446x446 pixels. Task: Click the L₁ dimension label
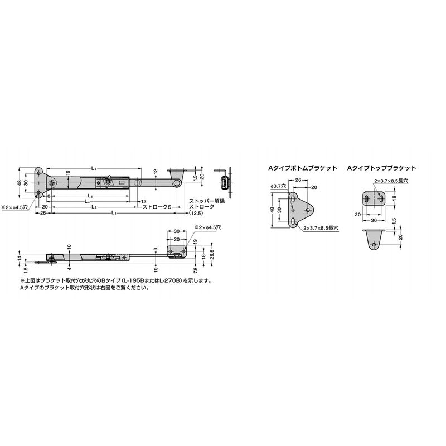pyautogui.click(x=114, y=212)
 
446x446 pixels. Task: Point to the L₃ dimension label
pyautogui.click(x=94, y=168)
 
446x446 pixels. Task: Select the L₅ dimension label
pyautogui.click(x=90, y=196)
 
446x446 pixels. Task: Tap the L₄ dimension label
pyautogui.click(x=87, y=201)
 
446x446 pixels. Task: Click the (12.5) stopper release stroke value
pyautogui.click(x=196, y=212)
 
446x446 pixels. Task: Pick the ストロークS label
pyautogui.click(x=157, y=207)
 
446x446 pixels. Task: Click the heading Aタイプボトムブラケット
pyautogui.click(x=302, y=168)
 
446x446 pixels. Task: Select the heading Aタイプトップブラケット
pyautogui.click(x=381, y=168)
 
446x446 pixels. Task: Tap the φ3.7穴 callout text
pyautogui.click(x=277, y=186)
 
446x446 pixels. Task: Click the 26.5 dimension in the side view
pyautogui.click(x=212, y=255)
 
